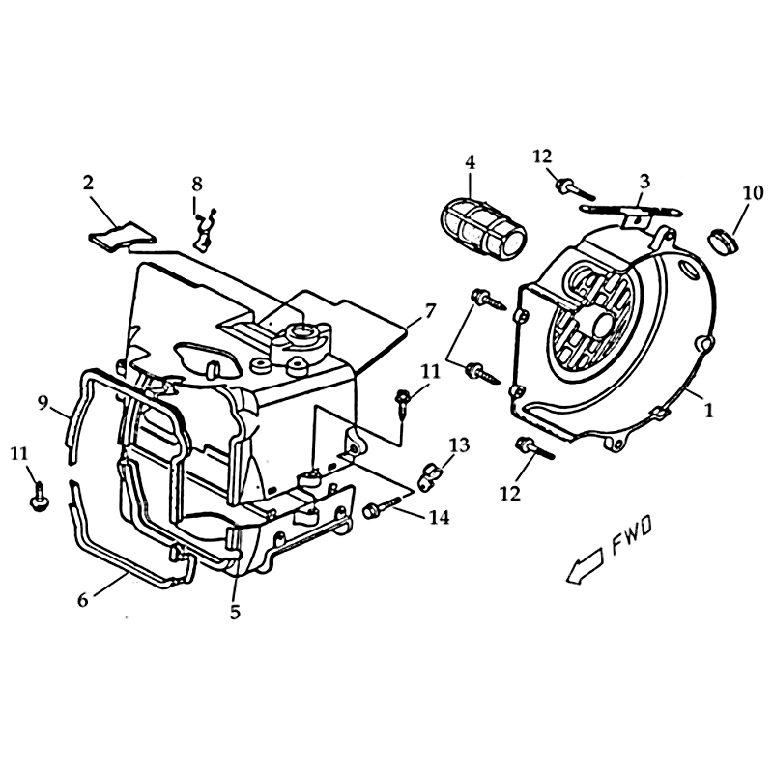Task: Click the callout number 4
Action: click(x=470, y=162)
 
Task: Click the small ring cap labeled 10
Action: click(x=723, y=241)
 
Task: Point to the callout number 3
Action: click(x=644, y=181)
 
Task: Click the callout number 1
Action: click(x=708, y=410)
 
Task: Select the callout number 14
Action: click(x=440, y=517)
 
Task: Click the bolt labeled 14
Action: click(x=382, y=506)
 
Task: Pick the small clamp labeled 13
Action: click(x=428, y=476)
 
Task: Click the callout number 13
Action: click(x=460, y=445)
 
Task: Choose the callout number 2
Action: click(x=88, y=183)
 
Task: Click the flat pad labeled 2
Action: click(x=122, y=235)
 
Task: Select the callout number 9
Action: click(x=43, y=404)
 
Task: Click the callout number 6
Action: click(x=83, y=600)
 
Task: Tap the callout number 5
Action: click(x=235, y=613)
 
